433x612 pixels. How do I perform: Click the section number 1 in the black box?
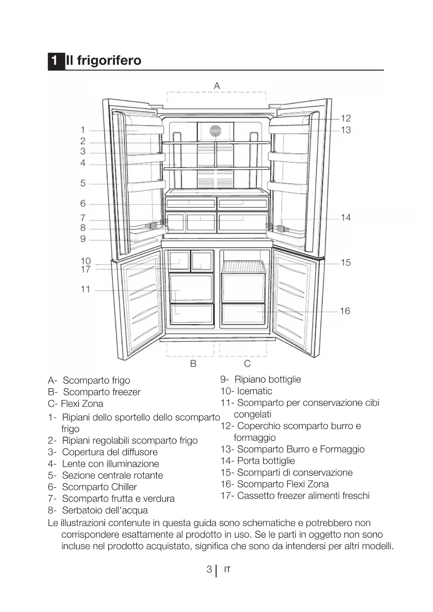pos(54,61)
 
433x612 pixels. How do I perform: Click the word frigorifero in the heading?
pos(109,60)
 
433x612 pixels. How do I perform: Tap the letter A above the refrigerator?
pos(217,86)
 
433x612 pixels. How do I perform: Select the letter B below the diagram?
pos(193,364)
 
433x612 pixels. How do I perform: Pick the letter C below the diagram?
pos(247,364)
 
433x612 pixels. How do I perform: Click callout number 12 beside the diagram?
pos(345,118)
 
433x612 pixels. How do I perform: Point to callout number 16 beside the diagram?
pos(345,311)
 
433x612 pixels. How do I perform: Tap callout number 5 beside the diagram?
pos(83,183)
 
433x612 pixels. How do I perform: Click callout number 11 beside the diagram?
pos(85,289)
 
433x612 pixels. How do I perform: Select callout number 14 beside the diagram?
pos(345,218)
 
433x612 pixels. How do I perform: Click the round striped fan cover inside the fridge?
pos(215,131)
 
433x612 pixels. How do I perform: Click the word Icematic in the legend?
pos(254,391)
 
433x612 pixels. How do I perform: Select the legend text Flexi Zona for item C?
pos(82,404)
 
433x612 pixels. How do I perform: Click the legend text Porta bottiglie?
pos(266,461)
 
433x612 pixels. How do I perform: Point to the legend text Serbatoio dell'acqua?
pos(105,510)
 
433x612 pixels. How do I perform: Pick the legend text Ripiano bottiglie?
pos(268,379)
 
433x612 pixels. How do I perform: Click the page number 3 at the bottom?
pos(209,569)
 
